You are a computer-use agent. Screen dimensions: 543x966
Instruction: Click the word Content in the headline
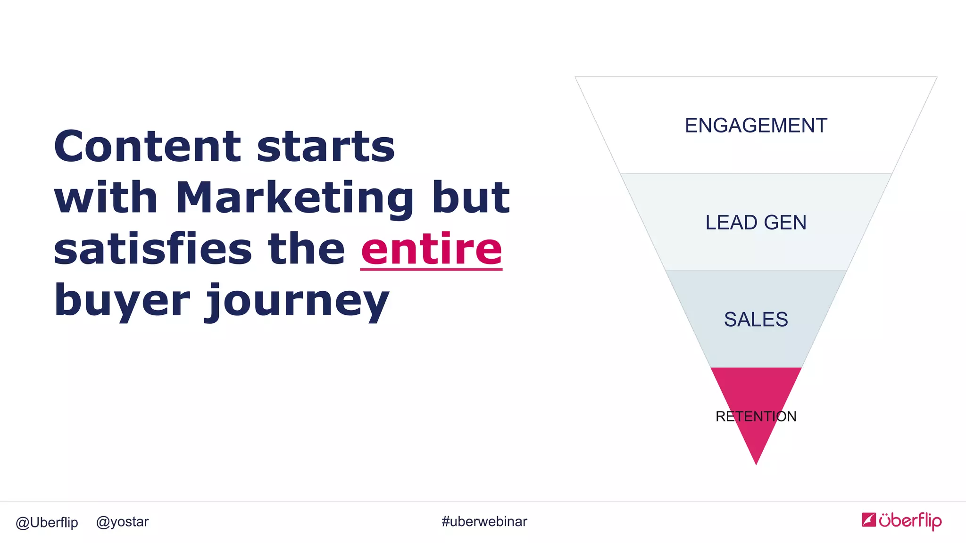pyautogui.click(x=147, y=146)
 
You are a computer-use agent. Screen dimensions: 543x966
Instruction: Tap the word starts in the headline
pyautogui.click(x=325, y=147)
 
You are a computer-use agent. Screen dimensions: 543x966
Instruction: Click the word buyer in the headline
pyautogui.click(x=122, y=302)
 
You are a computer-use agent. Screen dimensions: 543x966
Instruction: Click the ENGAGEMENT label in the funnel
pyautogui.click(x=756, y=126)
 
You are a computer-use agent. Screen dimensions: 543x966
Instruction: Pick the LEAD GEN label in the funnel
pyautogui.click(x=756, y=222)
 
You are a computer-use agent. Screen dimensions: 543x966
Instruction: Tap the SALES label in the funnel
pyautogui.click(x=756, y=320)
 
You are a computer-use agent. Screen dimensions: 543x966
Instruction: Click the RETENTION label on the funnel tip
pyautogui.click(x=756, y=416)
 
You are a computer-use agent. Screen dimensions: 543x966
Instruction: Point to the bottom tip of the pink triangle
pyautogui.click(x=756, y=462)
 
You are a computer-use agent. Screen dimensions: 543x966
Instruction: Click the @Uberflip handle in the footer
pyautogui.click(x=47, y=522)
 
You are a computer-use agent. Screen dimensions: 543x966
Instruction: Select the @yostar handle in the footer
pyautogui.click(x=122, y=522)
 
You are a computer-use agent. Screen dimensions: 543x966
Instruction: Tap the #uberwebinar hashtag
pyautogui.click(x=484, y=521)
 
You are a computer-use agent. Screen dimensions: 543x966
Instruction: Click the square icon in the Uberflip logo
pyautogui.click(x=869, y=519)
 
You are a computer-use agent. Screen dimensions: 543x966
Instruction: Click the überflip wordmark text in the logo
pyautogui.click(x=910, y=520)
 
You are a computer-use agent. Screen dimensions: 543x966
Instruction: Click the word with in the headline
pyautogui.click(x=106, y=198)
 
